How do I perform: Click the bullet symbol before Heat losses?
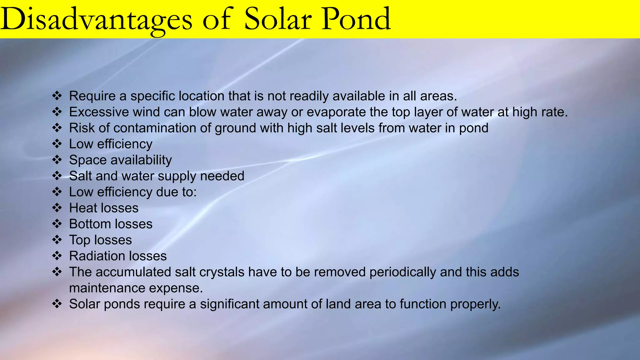[x=57, y=208]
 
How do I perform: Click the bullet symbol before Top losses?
[x=57, y=240]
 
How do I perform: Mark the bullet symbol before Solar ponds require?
[x=57, y=304]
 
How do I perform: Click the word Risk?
[x=80, y=128]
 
